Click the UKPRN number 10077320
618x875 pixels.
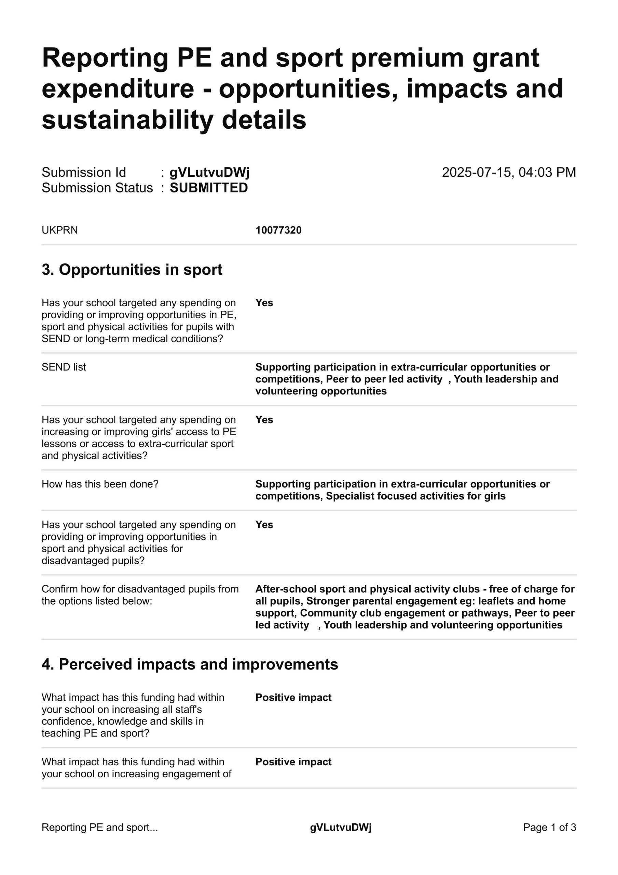[278, 230]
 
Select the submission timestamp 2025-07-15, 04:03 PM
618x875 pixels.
[509, 172]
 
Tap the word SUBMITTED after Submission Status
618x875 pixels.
[208, 188]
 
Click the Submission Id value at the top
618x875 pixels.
[209, 172]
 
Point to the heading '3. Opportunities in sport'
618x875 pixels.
[132, 269]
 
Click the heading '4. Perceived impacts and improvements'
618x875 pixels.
[190, 664]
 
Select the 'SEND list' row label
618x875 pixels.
[64, 367]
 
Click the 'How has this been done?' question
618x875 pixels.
[100, 484]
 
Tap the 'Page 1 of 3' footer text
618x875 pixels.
[549, 827]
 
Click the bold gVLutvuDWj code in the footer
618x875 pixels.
[340, 827]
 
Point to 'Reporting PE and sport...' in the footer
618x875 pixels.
[99, 827]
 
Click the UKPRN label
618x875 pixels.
[59, 230]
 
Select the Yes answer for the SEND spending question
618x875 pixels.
[264, 302]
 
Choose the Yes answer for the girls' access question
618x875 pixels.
[264, 420]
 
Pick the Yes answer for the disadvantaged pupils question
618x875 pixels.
[264, 525]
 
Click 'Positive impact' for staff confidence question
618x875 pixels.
[293, 697]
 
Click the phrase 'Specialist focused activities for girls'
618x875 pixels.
[415, 496]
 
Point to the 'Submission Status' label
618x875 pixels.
[97, 188]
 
